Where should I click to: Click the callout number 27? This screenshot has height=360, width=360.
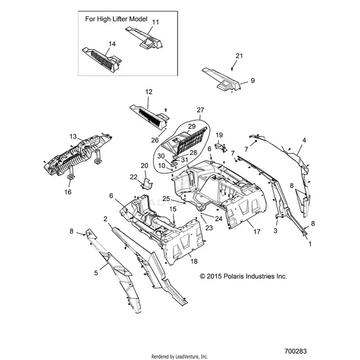pos(200,110)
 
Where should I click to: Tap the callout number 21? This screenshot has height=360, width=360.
pos(239,56)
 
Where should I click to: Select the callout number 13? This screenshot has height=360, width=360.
pos(73,137)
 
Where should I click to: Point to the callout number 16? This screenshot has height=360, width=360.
pos(68,191)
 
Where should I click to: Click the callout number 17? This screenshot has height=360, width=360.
pos(256,232)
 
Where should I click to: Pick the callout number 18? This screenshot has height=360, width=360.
pos(194,261)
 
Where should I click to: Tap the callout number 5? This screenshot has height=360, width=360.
pos(96,273)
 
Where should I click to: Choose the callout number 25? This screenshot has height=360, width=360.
pos(166,199)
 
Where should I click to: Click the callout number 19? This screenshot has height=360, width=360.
pos(219,135)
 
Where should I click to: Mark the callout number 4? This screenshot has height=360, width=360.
pos(304,140)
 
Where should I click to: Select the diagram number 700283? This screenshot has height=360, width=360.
pos(296,351)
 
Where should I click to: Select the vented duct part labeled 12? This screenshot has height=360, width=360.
pos(149,118)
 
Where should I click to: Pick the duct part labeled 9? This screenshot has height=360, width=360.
pos(221,80)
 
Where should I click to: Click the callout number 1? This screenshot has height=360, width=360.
pos(310,244)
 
